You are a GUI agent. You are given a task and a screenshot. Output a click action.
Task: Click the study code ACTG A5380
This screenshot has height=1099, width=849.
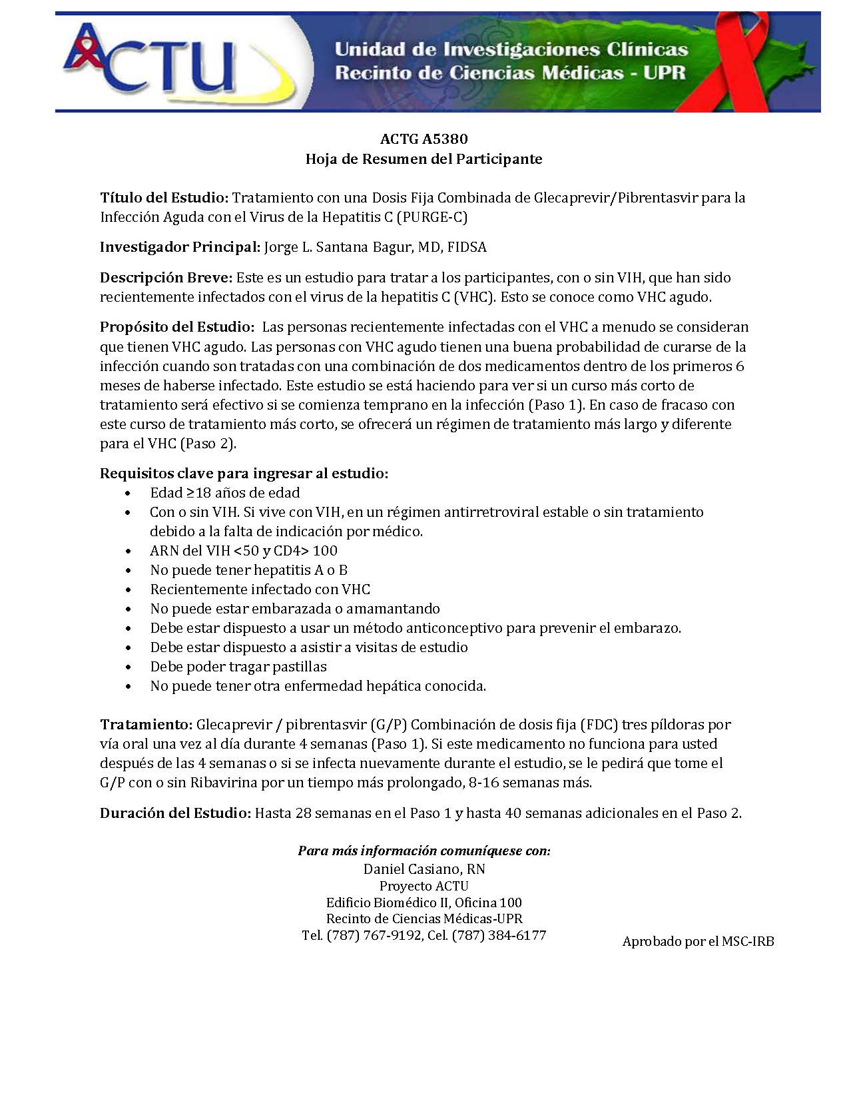[x=424, y=139]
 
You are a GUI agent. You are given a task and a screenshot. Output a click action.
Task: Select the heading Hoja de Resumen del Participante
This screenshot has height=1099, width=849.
[x=424, y=159]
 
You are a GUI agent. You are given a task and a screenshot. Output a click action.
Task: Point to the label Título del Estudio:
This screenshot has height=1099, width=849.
[x=164, y=198]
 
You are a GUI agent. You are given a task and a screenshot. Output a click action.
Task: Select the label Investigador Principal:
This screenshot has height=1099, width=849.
[x=180, y=247]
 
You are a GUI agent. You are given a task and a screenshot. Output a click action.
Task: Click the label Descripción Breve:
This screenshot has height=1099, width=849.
[x=166, y=278]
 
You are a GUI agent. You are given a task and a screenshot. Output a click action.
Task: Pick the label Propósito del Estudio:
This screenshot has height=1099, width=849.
[x=177, y=327]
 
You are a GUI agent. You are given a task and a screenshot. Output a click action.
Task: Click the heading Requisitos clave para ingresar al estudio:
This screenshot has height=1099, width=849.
[x=244, y=474]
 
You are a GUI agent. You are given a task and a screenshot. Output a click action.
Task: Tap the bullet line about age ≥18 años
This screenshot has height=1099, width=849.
[x=225, y=493]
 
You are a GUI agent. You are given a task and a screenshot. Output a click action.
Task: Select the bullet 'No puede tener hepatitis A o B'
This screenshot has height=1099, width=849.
[x=248, y=570]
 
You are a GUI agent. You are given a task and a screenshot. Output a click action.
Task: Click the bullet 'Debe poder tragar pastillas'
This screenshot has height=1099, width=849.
[x=238, y=667]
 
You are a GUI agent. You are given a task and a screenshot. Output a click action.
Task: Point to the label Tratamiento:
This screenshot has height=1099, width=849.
[x=146, y=725]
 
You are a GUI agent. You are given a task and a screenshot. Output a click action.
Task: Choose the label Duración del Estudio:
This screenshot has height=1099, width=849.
[x=176, y=813]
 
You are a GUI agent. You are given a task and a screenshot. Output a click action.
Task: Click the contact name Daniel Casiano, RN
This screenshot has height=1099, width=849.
[x=424, y=869]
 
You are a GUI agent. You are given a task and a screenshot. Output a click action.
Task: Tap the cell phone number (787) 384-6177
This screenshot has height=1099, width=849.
[x=499, y=936]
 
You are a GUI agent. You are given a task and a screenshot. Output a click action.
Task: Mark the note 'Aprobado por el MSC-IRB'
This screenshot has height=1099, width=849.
[x=698, y=942]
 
